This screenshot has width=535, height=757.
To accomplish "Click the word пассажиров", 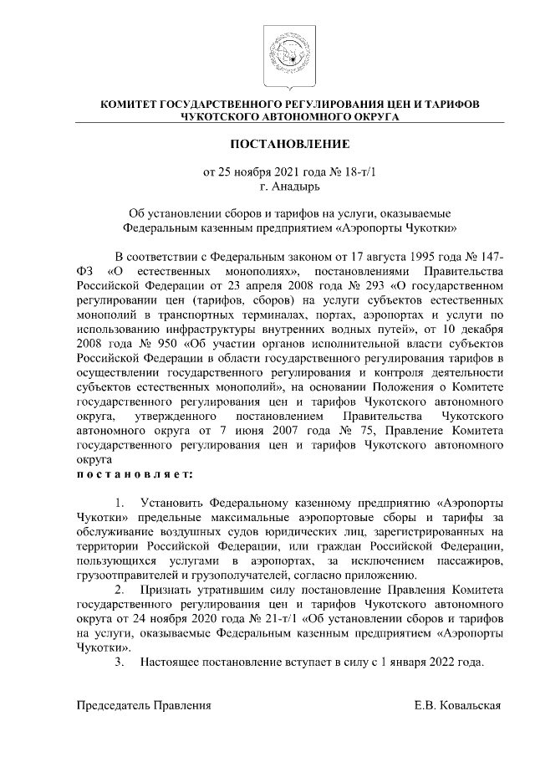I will tap(472, 559).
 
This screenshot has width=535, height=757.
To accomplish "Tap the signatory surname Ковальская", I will tap(471, 705).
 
